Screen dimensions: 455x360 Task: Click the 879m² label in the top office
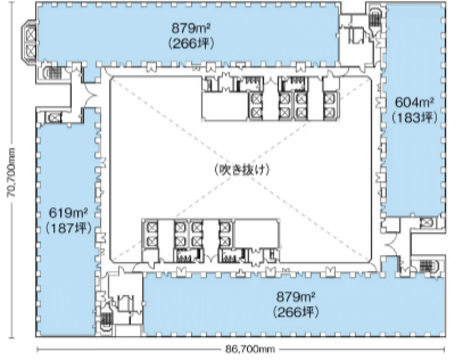tap(191, 29)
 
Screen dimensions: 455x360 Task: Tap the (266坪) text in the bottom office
tap(296, 312)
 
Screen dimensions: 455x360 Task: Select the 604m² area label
tap(414, 102)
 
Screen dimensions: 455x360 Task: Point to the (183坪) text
tap(414, 118)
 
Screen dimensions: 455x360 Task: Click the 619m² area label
tap(68, 213)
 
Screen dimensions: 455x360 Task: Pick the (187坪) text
tap(69, 228)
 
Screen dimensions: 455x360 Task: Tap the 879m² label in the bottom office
tap(296, 297)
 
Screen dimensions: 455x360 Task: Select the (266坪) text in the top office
tap(191, 44)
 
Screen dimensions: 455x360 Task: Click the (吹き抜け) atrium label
tap(242, 170)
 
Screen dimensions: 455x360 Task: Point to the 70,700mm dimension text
tap(12, 173)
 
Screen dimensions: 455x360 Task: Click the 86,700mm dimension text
tap(250, 349)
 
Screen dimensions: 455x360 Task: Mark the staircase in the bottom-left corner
tap(106, 321)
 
